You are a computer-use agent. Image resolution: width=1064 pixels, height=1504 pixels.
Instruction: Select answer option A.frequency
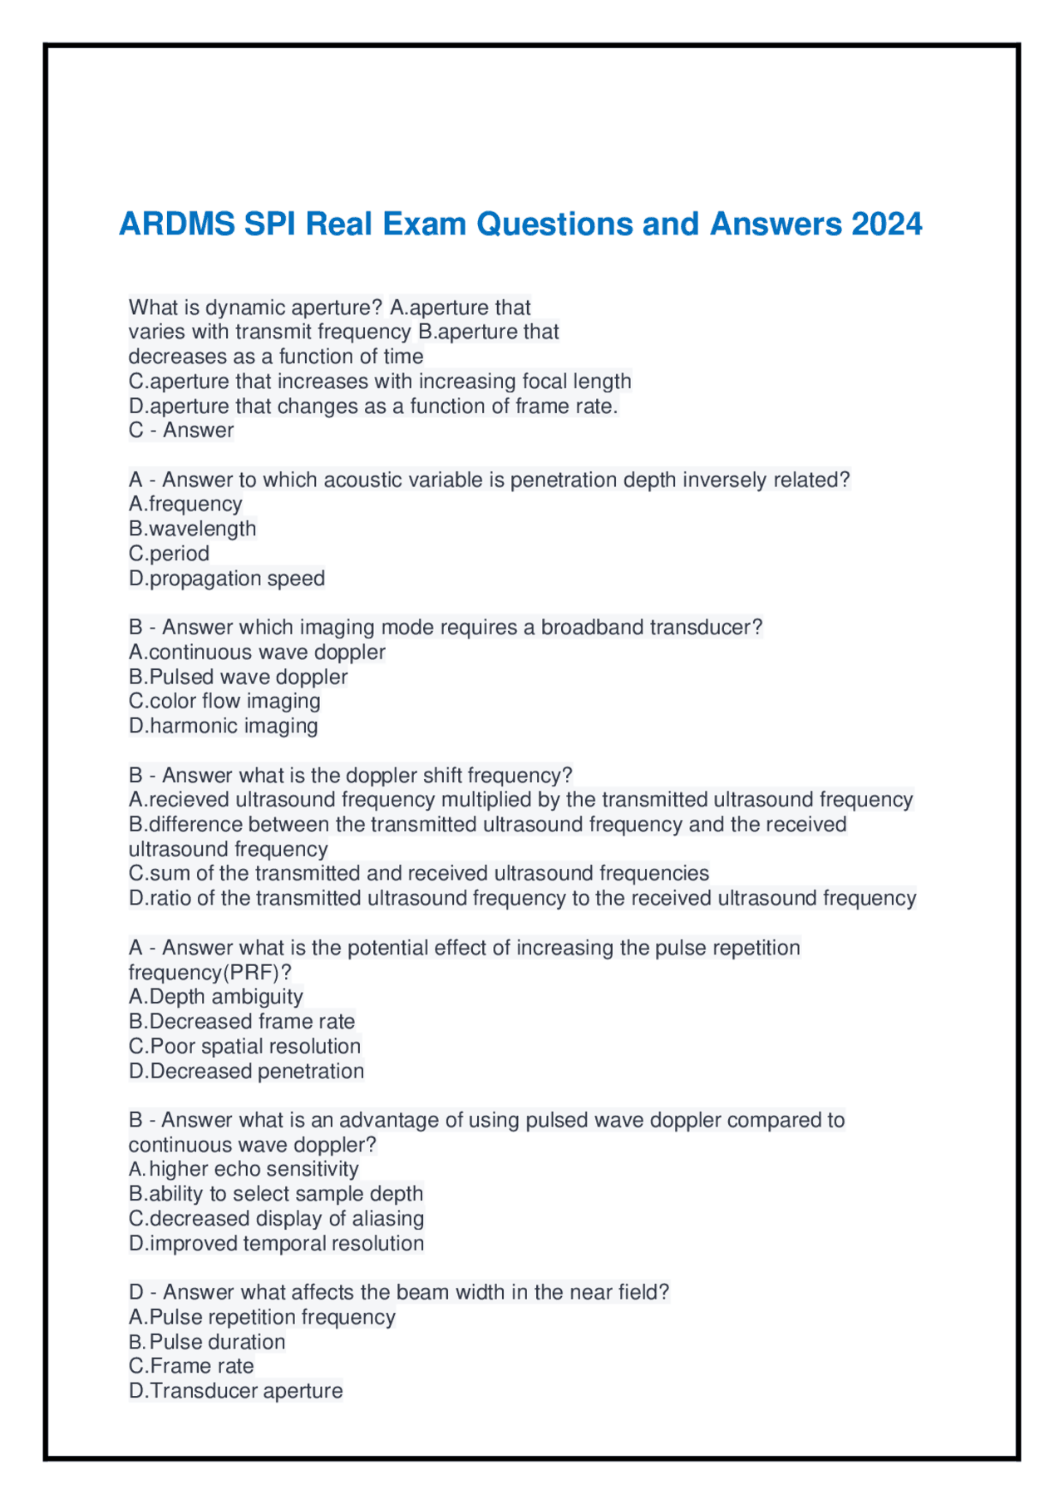[x=185, y=504]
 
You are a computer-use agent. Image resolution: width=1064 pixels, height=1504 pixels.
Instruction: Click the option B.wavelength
[x=192, y=529]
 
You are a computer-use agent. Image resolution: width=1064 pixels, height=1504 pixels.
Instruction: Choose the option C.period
[x=169, y=554]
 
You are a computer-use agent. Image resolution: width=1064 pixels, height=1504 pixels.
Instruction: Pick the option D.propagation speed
[x=226, y=579]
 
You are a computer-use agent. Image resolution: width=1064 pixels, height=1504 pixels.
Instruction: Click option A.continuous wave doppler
[x=257, y=652]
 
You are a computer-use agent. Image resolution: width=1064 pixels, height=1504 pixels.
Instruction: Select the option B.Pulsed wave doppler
[x=238, y=677]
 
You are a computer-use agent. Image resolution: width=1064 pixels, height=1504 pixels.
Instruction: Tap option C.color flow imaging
[x=224, y=701]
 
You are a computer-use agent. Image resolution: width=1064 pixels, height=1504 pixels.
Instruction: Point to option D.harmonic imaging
[x=223, y=726]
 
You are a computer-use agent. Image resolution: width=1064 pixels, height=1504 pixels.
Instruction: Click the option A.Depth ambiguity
[x=215, y=997]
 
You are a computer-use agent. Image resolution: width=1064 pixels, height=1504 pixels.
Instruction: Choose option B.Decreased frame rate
[x=241, y=1021]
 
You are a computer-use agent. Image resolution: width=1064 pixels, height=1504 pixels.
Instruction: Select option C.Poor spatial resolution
[x=244, y=1046]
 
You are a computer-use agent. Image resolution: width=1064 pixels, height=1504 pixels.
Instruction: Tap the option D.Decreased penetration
[x=246, y=1071]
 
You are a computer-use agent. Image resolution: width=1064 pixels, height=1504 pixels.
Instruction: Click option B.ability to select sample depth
[x=276, y=1194]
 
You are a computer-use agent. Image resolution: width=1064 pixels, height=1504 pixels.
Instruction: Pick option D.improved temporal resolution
[x=276, y=1244]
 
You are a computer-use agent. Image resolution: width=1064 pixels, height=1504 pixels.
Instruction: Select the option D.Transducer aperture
[x=235, y=1391]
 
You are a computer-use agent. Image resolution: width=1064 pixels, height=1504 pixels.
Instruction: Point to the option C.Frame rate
[x=191, y=1366]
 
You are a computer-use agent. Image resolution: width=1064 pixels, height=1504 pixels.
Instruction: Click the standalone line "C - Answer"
[x=181, y=431]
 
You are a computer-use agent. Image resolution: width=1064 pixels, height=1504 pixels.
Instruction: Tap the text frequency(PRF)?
[x=209, y=973]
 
